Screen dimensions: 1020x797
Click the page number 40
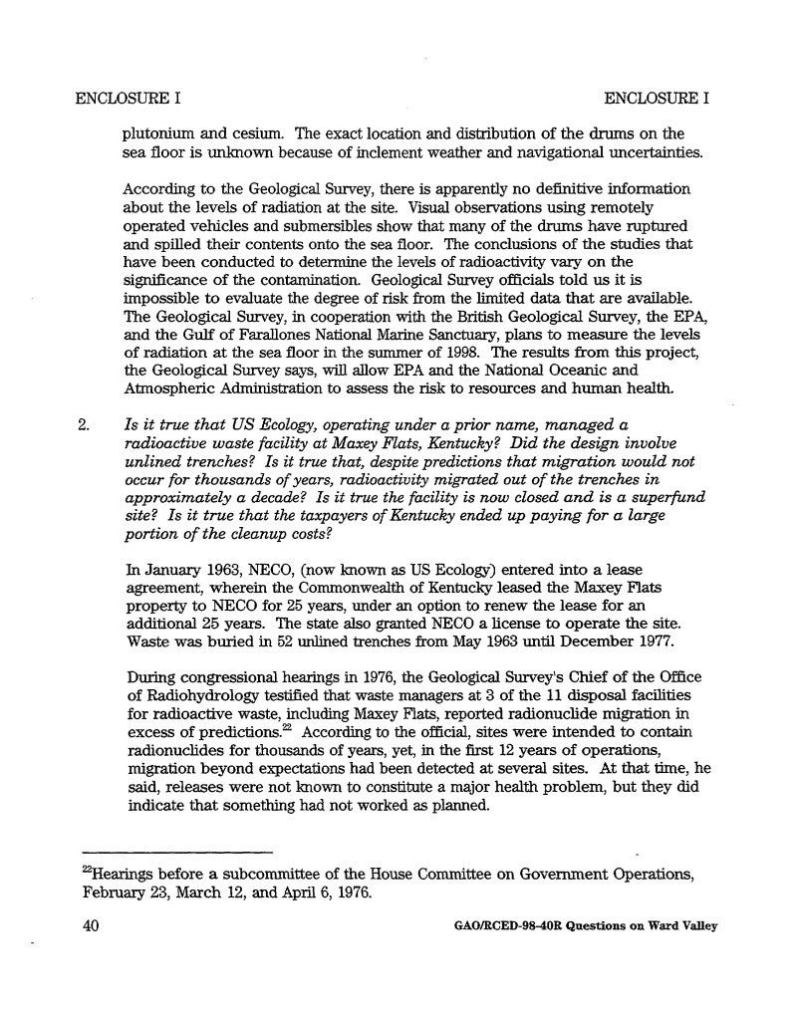click(x=90, y=923)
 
